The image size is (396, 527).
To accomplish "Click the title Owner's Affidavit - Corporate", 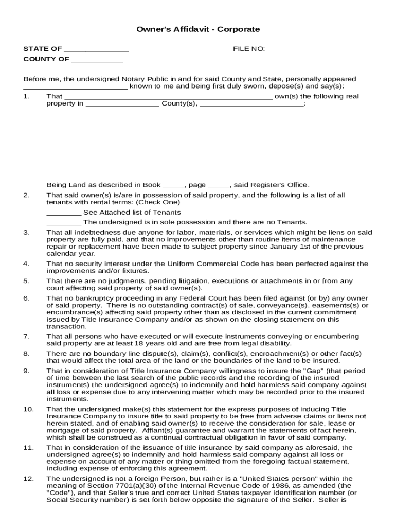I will [198, 29].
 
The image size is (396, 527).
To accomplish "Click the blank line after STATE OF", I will [97, 49].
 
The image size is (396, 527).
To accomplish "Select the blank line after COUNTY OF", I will [97, 59].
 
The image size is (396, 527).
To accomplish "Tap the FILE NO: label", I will [249, 49].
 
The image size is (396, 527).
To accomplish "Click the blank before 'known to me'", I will [75, 87].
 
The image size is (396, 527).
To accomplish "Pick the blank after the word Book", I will [173, 185].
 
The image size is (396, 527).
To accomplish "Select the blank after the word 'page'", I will [219, 185].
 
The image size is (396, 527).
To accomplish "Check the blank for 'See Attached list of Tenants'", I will [63, 213].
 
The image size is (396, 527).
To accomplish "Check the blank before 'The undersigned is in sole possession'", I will [63, 222].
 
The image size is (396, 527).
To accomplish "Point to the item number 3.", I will [26, 233].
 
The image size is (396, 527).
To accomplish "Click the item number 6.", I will [26, 298].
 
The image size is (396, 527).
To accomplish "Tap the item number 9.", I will [26, 371].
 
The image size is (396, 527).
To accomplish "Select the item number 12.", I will [28, 479].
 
